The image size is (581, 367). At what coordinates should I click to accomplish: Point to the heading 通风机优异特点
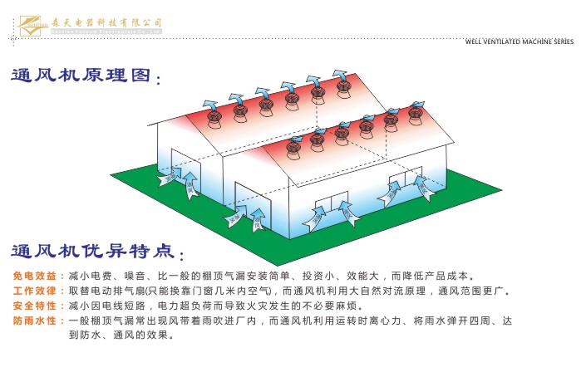tap(92, 250)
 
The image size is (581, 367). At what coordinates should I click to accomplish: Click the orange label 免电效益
tap(34, 276)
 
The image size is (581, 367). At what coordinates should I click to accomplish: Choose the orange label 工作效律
tap(34, 291)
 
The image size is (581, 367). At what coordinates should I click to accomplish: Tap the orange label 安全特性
tap(34, 306)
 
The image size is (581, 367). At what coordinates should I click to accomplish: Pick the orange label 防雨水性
tap(34, 321)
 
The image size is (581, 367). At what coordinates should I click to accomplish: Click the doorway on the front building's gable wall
tap(255, 213)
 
